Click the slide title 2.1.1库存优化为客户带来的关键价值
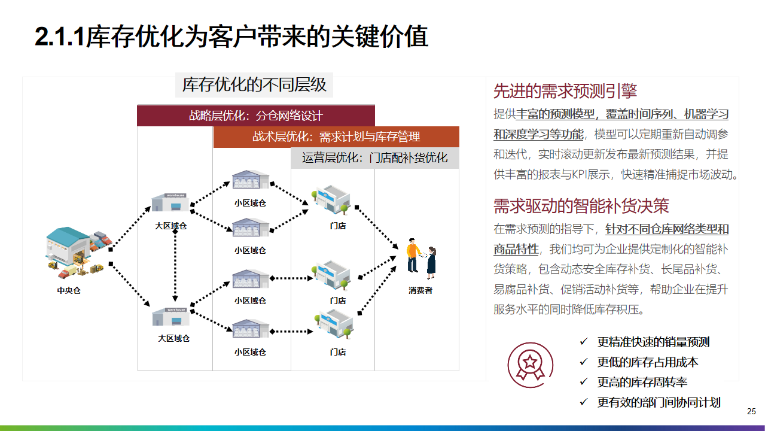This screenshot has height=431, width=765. click(231, 37)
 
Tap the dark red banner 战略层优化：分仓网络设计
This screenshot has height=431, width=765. click(256, 116)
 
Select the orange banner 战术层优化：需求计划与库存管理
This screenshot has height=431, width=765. click(336, 136)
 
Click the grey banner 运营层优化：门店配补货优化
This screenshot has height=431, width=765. click(374, 158)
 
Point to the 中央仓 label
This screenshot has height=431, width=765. click(69, 290)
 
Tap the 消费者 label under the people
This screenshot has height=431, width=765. click(420, 290)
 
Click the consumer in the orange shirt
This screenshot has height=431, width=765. click(413, 255)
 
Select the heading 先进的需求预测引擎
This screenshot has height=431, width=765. click(565, 91)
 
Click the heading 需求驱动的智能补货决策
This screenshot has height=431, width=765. click(581, 206)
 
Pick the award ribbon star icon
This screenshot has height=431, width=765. click(530, 365)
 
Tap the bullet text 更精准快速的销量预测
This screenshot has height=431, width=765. click(653, 342)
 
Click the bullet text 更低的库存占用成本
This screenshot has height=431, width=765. click(648, 362)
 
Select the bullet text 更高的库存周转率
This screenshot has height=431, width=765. click(642, 382)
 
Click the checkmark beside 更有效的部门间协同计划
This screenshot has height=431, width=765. click(584, 402)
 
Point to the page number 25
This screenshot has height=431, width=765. click(751, 411)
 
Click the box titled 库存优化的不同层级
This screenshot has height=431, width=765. click(254, 85)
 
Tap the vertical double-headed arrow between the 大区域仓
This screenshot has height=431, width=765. click(175, 265)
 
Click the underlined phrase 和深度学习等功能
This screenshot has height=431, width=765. click(538, 134)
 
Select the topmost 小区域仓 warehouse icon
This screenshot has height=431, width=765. click(251, 180)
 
